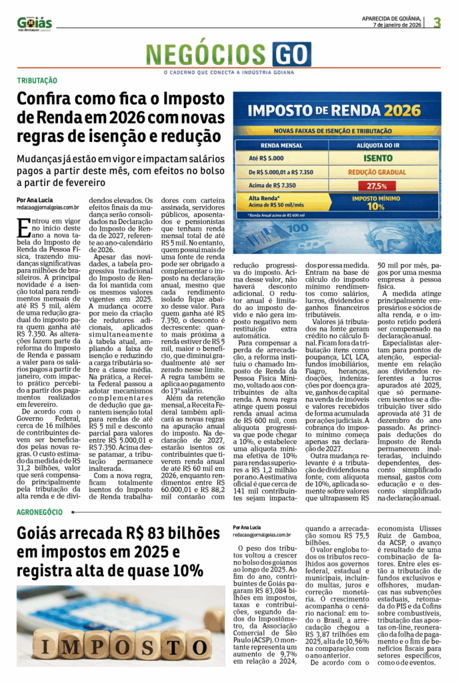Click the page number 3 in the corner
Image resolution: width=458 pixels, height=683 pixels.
(437, 22)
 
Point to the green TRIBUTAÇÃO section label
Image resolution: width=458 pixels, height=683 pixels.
(37, 81)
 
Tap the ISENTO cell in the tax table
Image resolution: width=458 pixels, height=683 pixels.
(377, 159)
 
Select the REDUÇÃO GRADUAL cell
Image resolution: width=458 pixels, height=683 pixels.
(377, 172)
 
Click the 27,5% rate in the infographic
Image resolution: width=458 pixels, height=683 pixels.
(377, 185)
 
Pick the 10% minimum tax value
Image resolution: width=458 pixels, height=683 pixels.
(377, 206)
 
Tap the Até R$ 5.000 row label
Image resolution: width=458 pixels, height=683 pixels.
(267, 159)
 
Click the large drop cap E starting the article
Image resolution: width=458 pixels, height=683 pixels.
(23, 229)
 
